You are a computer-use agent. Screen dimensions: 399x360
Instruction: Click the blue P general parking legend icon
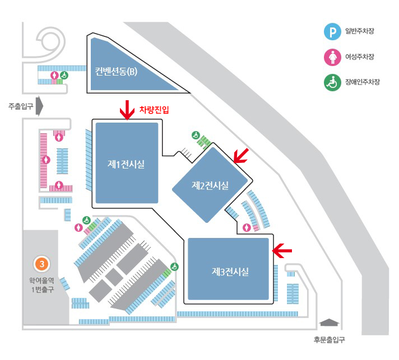tap(332, 31)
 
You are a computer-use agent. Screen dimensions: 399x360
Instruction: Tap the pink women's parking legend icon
tap(332, 57)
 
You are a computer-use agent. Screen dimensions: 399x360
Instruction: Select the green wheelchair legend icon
tap(332, 82)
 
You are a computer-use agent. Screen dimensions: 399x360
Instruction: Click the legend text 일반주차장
tap(360, 31)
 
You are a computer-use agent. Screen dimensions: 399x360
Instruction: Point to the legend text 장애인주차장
tap(363, 82)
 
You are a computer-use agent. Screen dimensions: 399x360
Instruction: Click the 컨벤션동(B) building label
tap(116, 72)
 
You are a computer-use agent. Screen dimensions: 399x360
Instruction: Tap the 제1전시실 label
tap(126, 164)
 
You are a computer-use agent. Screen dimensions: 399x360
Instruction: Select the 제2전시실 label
tap(210, 185)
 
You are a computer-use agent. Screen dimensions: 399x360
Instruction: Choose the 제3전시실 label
tap(230, 272)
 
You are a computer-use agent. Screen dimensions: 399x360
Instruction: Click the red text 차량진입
tap(154, 110)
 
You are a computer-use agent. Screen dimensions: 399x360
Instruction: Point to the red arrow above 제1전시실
tap(127, 110)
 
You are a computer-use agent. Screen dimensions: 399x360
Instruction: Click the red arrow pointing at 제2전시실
tap(241, 156)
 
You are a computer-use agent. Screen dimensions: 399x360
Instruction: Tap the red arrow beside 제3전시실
tap(282, 251)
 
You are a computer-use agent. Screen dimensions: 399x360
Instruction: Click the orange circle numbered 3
tap(41, 264)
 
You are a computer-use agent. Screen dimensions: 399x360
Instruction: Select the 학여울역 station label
tap(41, 280)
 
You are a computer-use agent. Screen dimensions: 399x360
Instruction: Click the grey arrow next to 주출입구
tap(39, 106)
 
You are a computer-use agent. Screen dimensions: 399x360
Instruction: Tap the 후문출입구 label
tap(330, 339)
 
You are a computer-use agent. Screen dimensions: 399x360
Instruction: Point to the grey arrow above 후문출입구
tap(330, 322)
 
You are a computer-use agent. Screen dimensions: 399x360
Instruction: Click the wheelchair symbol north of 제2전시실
tap(196, 135)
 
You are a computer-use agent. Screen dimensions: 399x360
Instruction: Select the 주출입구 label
tap(21, 106)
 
